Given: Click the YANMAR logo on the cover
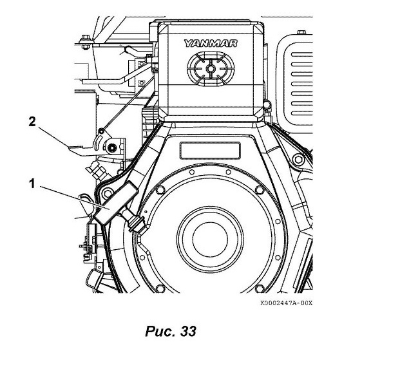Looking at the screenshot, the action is click(x=211, y=43).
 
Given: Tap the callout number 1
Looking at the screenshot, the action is click(x=32, y=183).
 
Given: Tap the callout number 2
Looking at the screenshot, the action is click(x=32, y=122).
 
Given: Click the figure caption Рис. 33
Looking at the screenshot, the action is click(x=171, y=332).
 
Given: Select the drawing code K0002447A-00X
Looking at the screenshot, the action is click(x=286, y=303).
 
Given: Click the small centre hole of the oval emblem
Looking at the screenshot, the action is click(x=210, y=68).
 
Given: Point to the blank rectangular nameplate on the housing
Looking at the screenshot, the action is click(x=210, y=151).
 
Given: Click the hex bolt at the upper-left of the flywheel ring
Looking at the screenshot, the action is click(x=160, y=190).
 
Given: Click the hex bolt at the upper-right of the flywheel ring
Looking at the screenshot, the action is click(x=260, y=190).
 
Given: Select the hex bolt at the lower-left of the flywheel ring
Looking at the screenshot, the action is click(x=160, y=288).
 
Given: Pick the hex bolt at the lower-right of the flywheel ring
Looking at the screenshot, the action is click(x=260, y=288).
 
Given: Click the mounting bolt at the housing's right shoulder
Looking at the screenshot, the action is click(x=298, y=160).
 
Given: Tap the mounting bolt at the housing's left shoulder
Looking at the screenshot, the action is click(x=108, y=193).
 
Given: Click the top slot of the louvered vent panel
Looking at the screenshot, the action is click(x=302, y=54).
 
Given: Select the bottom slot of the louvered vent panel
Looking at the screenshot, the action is click(x=302, y=113).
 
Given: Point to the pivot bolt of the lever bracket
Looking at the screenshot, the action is click(x=111, y=147).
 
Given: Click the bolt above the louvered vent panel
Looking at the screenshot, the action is click(x=302, y=32).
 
